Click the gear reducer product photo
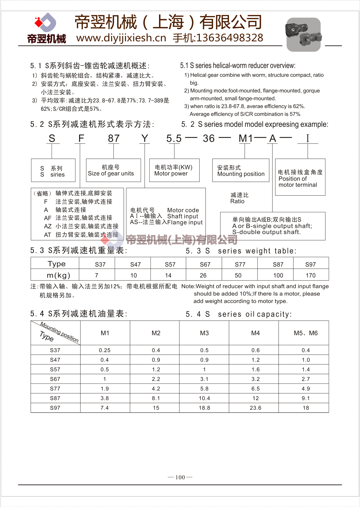[x=303, y=35]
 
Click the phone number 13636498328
[x=230, y=38]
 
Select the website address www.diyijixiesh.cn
[x=121, y=38]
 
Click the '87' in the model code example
[x=114, y=138]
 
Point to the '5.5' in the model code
[x=174, y=138]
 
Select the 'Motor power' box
[x=174, y=170]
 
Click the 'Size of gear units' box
[x=113, y=170]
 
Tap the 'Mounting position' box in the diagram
[x=241, y=170]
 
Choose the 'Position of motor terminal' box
[x=300, y=177]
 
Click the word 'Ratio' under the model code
[x=237, y=201]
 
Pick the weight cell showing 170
[x=311, y=275]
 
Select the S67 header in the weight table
[x=205, y=264]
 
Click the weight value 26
[x=203, y=275]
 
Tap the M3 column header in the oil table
[x=204, y=333]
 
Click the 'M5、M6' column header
[x=306, y=333]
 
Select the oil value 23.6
[x=255, y=408]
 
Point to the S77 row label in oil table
[x=55, y=389]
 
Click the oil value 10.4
[x=204, y=398]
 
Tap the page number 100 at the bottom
[x=180, y=477]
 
